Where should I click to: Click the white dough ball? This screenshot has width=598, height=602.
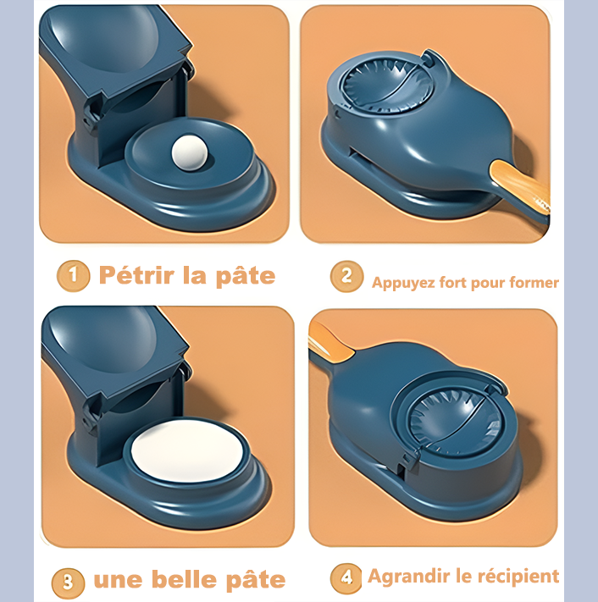coord(190,152)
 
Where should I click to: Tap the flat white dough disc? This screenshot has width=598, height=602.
coord(187,450)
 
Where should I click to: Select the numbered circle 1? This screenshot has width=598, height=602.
coord(73,276)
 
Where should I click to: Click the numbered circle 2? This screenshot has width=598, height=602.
coord(346,276)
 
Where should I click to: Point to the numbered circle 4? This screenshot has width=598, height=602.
coord(346,578)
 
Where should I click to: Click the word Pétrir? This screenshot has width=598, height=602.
coord(136,275)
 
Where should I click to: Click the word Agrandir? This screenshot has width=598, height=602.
coord(408,577)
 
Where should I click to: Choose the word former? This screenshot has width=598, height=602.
coord(534,283)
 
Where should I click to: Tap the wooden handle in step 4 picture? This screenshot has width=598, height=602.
coord(331,342)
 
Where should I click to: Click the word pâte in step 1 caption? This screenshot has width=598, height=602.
coord(246,276)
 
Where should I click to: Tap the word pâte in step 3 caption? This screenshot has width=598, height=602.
coord(256,581)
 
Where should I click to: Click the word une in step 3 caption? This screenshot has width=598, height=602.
coord(118,581)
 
